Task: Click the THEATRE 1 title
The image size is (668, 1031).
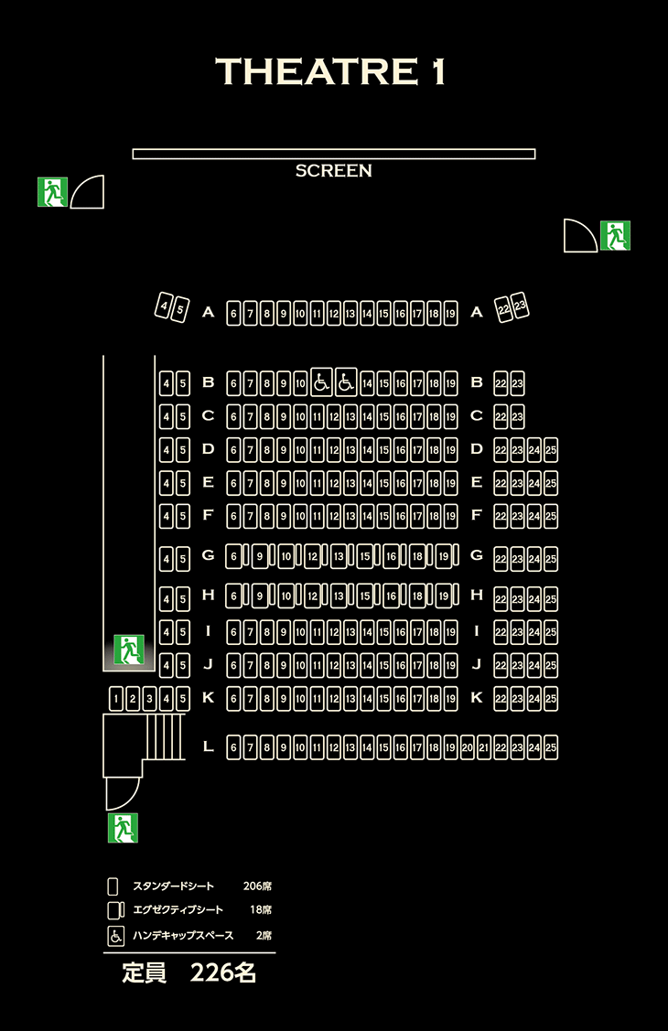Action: pyautogui.click(x=330, y=71)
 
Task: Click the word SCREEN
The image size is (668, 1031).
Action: pyautogui.click(x=333, y=171)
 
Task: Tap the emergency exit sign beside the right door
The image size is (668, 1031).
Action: pyautogui.click(x=616, y=235)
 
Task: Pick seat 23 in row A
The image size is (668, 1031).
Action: pyautogui.click(x=520, y=306)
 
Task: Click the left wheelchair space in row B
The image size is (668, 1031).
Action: pyautogui.click(x=321, y=381)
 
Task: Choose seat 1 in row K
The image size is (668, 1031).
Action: pyautogui.click(x=116, y=699)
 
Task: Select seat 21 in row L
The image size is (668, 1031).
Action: pyautogui.click(x=484, y=747)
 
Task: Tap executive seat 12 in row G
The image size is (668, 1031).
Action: pyautogui.click(x=312, y=557)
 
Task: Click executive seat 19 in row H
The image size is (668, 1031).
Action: pyautogui.click(x=444, y=596)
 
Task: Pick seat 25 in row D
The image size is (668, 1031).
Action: pyautogui.click(x=551, y=450)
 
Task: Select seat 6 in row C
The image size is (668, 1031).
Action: pyautogui.click(x=233, y=417)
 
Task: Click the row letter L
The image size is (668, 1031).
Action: pyautogui.click(x=209, y=746)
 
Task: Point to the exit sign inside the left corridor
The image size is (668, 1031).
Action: pyautogui.click(x=129, y=650)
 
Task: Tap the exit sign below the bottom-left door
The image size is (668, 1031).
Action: pyautogui.click(x=123, y=828)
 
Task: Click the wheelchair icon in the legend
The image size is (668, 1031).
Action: pyautogui.click(x=115, y=936)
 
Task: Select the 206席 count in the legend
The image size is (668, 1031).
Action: pyautogui.click(x=257, y=886)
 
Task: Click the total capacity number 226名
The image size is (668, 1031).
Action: pyautogui.click(x=223, y=972)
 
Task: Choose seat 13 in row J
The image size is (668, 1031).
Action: pyautogui.click(x=350, y=665)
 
